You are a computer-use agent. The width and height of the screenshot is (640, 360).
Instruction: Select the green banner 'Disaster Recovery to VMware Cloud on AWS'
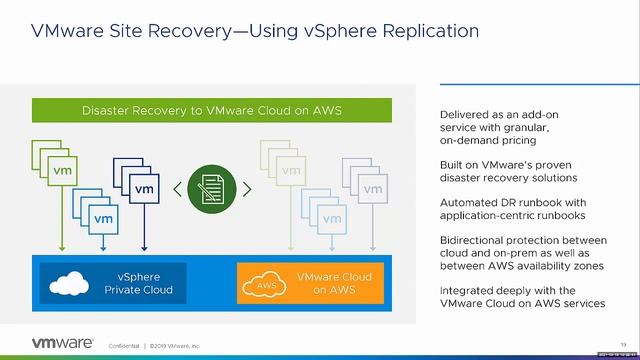click(x=212, y=110)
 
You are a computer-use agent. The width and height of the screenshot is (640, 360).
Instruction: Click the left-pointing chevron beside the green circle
click(x=177, y=188)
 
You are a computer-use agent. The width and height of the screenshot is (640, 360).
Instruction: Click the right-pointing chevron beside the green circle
click(x=246, y=188)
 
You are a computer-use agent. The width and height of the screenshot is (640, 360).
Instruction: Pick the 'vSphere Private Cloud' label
click(x=139, y=283)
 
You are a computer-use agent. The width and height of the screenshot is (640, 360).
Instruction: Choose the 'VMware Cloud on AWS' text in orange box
click(x=334, y=283)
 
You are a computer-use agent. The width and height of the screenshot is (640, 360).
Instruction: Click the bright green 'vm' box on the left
click(x=61, y=171)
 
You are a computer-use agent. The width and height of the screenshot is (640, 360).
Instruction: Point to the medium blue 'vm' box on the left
click(x=103, y=217)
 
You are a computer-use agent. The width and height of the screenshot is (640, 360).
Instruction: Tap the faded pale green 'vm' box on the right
click(x=290, y=171)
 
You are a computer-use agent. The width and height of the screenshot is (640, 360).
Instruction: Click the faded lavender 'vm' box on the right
click(x=372, y=189)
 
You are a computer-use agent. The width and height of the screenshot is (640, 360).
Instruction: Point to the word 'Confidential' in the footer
click(x=124, y=346)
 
